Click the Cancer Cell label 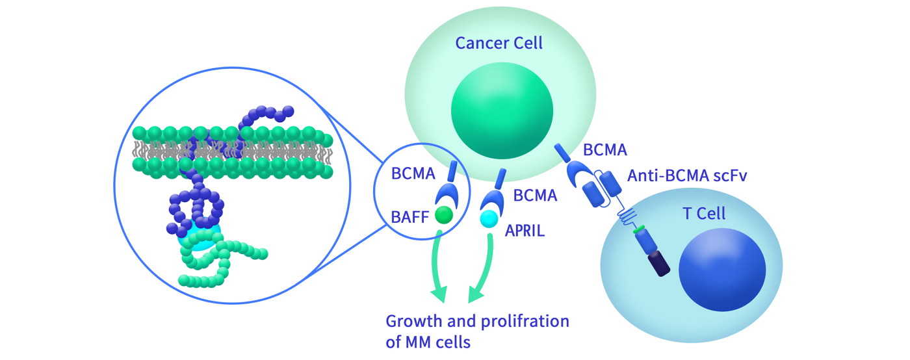click(499, 44)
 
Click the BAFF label click(409, 217)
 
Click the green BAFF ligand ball click(444, 214)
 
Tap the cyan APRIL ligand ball click(489, 220)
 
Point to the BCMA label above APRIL click(535, 195)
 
